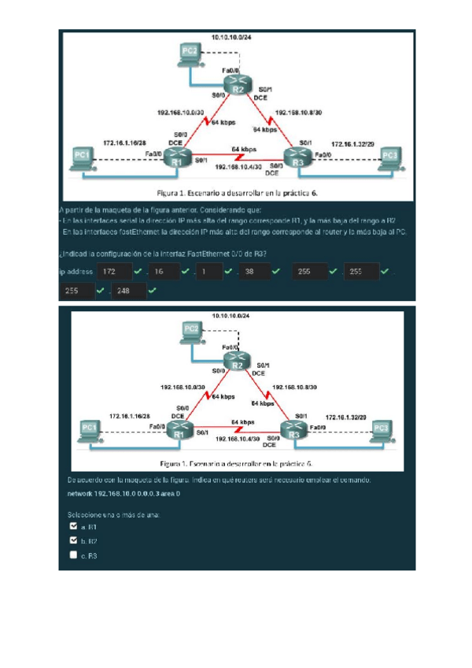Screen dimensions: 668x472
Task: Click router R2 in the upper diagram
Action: tap(239, 83)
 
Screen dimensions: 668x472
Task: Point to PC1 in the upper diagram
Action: tap(81, 158)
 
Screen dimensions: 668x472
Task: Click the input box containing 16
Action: tap(162, 272)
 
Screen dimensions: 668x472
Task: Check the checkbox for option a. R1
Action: tap(73, 525)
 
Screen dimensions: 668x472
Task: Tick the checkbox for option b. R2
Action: tap(73, 540)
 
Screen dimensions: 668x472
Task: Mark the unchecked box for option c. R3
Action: tap(73, 555)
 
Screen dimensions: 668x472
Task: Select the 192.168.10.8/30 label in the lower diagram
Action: tap(294, 388)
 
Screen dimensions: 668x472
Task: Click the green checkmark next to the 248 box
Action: tap(151, 291)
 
